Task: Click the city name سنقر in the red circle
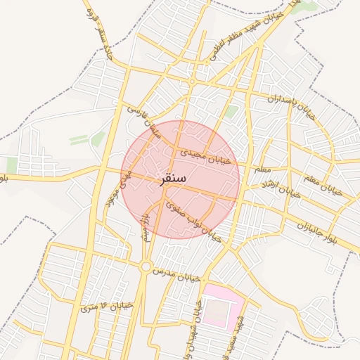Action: click(x=174, y=179)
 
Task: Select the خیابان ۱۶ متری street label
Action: click(x=106, y=307)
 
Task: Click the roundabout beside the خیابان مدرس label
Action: click(x=146, y=266)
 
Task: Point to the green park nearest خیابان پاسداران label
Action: click(x=231, y=111)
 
